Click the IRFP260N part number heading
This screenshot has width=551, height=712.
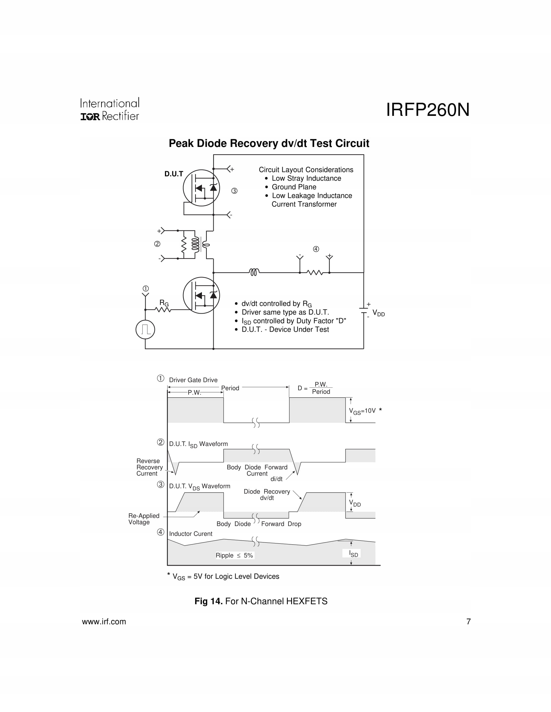[x=428, y=110]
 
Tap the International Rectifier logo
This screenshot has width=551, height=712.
[x=110, y=109]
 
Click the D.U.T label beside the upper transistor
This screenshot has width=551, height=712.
[x=174, y=174]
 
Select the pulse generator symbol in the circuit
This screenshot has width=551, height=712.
[x=145, y=329]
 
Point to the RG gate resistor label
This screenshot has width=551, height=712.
[x=164, y=303]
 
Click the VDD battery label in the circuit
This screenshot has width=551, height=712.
[x=379, y=313]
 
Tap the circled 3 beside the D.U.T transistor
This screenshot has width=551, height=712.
[x=234, y=191]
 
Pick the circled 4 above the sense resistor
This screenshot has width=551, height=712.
[x=316, y=249]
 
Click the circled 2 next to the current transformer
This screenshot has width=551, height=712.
[x=157, y=244]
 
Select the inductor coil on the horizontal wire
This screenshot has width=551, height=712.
[x=254, y=272]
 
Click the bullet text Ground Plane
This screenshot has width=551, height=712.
[x=294, y=187]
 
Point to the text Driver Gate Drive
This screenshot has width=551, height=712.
[x=193, y=380]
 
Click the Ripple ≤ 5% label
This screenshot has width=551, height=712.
[x=234, y=555]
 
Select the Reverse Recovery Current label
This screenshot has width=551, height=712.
[x=149, y=467]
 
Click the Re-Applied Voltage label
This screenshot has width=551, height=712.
[x=144, y=519]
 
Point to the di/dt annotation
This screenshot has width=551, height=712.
[x=276, y=479]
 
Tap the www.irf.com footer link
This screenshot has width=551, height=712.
[x=104, y=622]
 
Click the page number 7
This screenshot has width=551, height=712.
[x=468, y=622]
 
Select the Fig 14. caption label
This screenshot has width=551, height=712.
[x=208, y=601]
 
